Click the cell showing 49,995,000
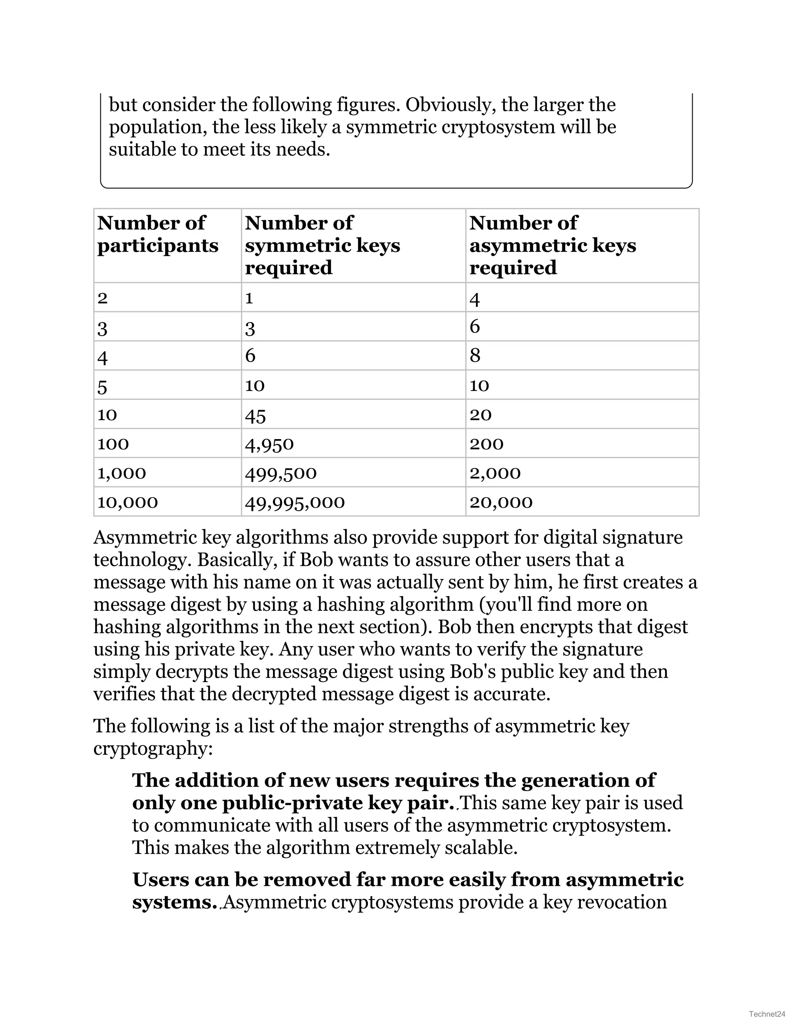(x=295, y=502)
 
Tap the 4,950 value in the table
(x=269, y=444)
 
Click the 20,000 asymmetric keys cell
(x=501, y=502)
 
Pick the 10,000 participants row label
(x=127, y=502)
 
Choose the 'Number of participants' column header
(x=157, y=234)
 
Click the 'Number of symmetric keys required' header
(x=322, y=245)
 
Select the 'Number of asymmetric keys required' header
(x=553, y=245)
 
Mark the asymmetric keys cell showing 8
(x=475, y=355)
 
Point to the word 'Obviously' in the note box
(x=450, y=105)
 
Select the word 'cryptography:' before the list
(x=153, y=748)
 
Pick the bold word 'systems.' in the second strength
(x=174, y=902)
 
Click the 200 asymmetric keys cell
(x=486, y=444)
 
